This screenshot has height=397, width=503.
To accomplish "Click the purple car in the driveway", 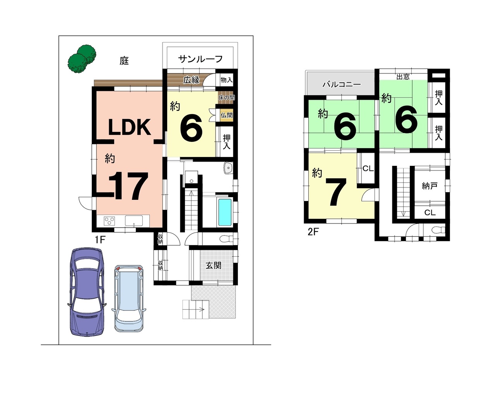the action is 87,292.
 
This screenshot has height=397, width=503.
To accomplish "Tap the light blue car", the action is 129,298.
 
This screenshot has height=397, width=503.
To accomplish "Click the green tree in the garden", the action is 82,59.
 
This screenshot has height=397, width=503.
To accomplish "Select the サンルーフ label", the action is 200,59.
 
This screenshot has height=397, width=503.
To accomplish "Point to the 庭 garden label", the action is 124,61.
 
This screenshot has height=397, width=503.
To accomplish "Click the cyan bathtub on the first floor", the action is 225,212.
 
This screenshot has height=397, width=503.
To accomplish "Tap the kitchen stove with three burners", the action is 109,221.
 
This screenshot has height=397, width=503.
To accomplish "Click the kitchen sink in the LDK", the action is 134,221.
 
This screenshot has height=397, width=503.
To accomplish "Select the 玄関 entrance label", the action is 214,265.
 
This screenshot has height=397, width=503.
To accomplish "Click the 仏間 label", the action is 226,115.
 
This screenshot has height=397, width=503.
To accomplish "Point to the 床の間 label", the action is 226,97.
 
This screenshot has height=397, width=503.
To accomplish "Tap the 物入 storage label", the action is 226,80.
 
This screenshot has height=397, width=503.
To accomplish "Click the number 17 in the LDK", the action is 129,186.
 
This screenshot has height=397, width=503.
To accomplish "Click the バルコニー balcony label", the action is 342,84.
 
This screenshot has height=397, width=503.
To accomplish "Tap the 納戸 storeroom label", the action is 429,186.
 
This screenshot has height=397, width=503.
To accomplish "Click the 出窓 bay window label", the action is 403,77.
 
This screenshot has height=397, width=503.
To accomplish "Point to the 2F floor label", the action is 313,232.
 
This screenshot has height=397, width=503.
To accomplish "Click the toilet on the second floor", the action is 438,230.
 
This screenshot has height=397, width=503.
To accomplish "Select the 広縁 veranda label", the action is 191,80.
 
